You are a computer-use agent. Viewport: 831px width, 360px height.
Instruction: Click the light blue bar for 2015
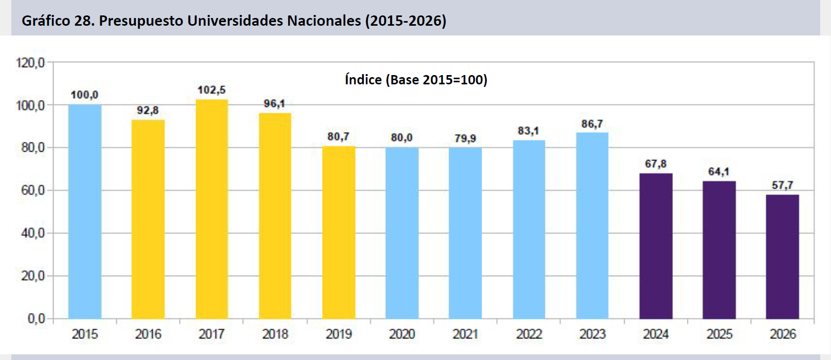point(85,211)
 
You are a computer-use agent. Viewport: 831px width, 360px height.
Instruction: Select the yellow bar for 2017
point(211,209)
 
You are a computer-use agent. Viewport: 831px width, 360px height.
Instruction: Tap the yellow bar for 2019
point(339,232)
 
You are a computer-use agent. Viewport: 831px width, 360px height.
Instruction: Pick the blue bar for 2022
point(529,229)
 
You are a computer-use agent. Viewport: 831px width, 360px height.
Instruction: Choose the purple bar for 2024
point(656,246)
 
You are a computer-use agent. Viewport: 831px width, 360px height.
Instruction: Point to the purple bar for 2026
point(782,257)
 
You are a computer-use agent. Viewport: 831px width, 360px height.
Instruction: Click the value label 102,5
point(211,90)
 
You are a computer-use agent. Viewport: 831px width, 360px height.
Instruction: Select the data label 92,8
point(148,111)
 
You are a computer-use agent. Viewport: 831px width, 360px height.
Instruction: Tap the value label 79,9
point(465,138)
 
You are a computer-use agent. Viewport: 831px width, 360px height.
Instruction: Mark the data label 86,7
point(592,124)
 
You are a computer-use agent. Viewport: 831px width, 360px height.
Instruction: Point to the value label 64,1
point(719,172)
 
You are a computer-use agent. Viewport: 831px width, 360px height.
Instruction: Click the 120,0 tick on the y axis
point(30,63)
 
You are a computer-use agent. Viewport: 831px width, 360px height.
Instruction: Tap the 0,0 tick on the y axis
point(36,319)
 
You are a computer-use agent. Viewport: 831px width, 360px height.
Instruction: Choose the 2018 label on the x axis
point(275,334)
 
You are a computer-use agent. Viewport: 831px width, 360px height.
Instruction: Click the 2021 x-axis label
point(465,334)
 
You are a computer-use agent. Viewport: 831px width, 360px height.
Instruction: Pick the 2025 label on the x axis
point(719,334)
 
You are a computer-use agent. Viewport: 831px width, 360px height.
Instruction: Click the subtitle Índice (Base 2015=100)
point(416,80)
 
